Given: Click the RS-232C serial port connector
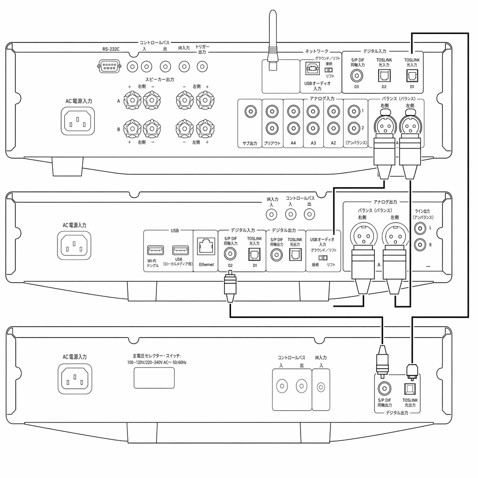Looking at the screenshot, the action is tap(109, 66).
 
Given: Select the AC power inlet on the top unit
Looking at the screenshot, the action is tap(78, 121).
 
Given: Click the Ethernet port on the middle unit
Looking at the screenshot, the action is tap(206, 246).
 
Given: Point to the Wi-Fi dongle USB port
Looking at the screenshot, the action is tap(155, 250).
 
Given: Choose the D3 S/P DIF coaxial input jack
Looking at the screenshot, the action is tap(357, 76).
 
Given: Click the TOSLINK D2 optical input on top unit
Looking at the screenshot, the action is tap(384, 76).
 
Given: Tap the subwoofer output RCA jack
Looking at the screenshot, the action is tap(251, 112).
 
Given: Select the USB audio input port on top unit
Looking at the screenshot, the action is tap(312, 68).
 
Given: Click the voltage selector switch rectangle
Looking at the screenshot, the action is tap(154, 378).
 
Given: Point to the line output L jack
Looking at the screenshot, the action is tap(420, 228).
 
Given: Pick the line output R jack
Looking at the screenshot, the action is tap(420, 245).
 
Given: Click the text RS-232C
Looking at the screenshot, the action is tap(111, 49).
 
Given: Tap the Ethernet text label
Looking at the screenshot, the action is tap(206, 265).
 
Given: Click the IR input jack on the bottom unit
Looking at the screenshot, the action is tap(321, 387).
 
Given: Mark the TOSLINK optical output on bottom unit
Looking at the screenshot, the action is tap(410, 389).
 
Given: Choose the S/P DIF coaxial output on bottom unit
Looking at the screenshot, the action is tap(385, 389).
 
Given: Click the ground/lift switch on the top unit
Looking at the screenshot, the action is tap(329, 70).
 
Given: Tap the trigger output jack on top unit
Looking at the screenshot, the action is tap(202, 66).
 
